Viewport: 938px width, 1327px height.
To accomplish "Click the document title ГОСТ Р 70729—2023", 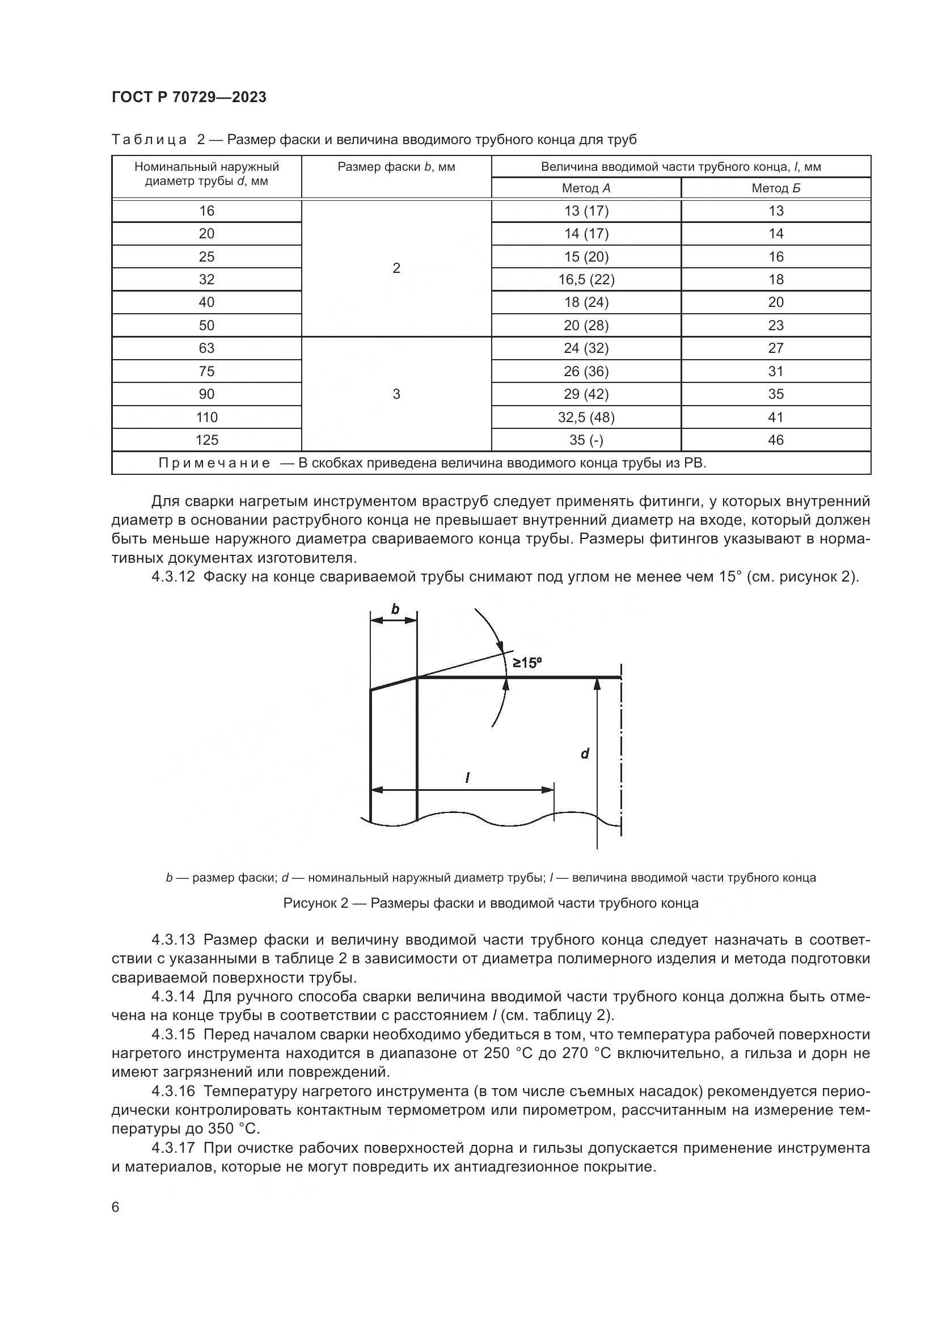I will tap(189, 97).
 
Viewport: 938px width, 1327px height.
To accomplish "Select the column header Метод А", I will tap(586, 188).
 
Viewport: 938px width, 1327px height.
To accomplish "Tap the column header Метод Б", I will tap(775, 188).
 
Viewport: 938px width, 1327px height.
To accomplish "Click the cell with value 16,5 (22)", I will tap(586, 280).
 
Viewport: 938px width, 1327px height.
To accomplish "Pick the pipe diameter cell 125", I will tap(207, 440).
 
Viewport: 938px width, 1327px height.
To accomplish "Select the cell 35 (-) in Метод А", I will tap(586, 440).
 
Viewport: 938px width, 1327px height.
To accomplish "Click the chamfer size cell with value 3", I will tap(396, 394).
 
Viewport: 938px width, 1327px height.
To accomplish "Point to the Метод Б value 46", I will tap(775, 440).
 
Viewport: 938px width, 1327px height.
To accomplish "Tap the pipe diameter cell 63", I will tap(207, 348).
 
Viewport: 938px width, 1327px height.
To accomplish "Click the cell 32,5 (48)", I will tap(586, 418).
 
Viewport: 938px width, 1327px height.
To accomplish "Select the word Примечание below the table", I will tap(214, 463).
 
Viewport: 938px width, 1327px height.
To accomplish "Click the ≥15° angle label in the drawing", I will tap(527, 663).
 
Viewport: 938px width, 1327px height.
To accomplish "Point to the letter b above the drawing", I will tap(395, 609).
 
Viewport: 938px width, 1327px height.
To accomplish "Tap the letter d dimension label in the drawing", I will tap(585, 753).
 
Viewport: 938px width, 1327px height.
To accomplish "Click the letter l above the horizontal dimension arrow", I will tap(467, 778).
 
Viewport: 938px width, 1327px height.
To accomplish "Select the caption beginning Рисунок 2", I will tap(491, 903).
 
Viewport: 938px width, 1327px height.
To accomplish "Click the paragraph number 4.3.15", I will tap(173, 1034).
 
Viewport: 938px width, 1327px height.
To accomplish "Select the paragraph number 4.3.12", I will tap(173, 577).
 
